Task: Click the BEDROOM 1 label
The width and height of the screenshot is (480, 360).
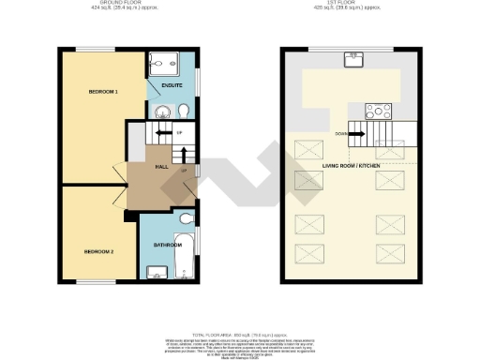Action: pyautogui.click(x=103, y=92)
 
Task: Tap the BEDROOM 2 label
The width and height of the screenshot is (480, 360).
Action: pyautogui.click(x=98, y=252)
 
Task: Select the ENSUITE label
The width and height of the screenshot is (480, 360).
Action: pyautogui.click(x=172, y=86)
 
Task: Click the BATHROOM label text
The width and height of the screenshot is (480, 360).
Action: pyautogui.click(x=168, y=246)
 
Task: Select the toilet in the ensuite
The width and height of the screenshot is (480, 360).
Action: pyautogui.click(x=184, y=112)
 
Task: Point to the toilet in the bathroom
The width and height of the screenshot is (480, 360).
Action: pyautogui.click(x=186, y=218)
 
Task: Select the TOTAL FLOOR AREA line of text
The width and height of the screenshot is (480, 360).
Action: pyautogui.click(x=239, y=334)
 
